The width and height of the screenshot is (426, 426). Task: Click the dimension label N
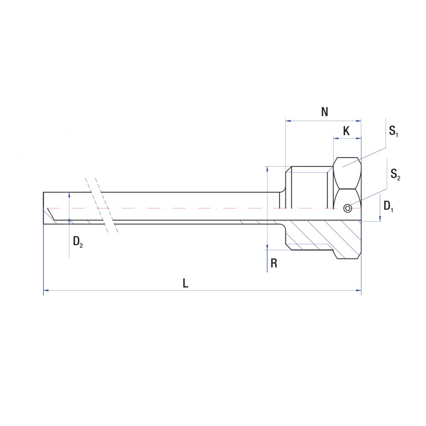pos(325,112)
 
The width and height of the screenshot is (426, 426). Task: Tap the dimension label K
pos(346,131)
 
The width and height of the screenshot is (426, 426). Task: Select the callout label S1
pos(393,132)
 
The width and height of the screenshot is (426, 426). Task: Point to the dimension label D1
pos(388,207)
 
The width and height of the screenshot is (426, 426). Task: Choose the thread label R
pos(274,263)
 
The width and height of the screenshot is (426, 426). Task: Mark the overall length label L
pos(185,283)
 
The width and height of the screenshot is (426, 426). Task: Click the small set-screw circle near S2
pos(348,208)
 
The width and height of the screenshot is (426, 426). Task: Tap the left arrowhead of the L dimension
pos(46,291)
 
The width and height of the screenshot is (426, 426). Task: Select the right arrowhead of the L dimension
pos(359,291)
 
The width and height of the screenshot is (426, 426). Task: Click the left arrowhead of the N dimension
pos(288,121)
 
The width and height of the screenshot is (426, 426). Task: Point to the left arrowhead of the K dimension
pos(336,138)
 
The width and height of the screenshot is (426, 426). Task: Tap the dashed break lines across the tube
pos(102,204)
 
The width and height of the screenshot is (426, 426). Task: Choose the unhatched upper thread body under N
pos(309,187)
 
